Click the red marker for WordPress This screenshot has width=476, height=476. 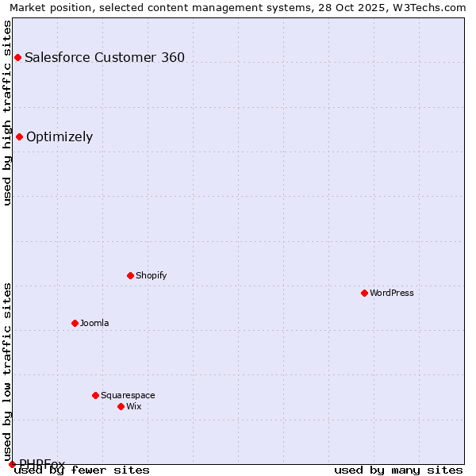tap(364, 293)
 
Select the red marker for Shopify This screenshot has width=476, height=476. tap(130, 275)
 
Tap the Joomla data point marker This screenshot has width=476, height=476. tap(75, 323)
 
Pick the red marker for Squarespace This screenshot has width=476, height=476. tap(95, 395)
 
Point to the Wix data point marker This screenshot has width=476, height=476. tap(121, 406)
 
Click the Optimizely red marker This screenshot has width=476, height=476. tap(19, 136)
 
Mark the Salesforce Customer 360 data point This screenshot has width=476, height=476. tap(17, 57)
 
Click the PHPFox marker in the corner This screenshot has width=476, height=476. tap(12, 464)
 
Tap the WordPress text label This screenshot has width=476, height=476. tap(392, 293)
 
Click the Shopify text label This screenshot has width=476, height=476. tap(151, 275)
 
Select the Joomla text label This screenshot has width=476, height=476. tap(94, 323)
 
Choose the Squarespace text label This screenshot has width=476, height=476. tap(128, 395)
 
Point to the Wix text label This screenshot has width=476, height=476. tap(133, 406)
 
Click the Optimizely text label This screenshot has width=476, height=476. tap(59, 136)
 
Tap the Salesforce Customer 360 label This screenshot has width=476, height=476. tap(105, 57)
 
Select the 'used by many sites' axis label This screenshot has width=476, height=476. tap(398, 470)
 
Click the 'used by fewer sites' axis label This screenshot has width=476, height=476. tap(83, 470)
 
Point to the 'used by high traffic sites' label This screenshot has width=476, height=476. tap(7, 112)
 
